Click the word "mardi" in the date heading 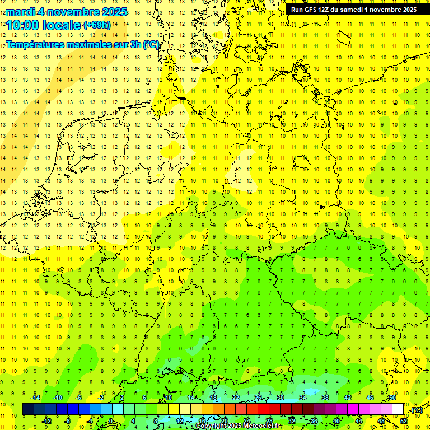(20, 12)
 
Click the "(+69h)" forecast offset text (97, 25)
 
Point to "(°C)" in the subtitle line (151, 44)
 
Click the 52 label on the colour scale (404, 421)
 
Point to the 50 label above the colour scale (392, 398)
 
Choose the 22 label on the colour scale (236, 398)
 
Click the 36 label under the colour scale (314, 421)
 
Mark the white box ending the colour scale (398, 409)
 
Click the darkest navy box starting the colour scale (28, 409)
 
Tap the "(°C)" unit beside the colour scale (417, 410)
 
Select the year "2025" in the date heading (111, 12)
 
